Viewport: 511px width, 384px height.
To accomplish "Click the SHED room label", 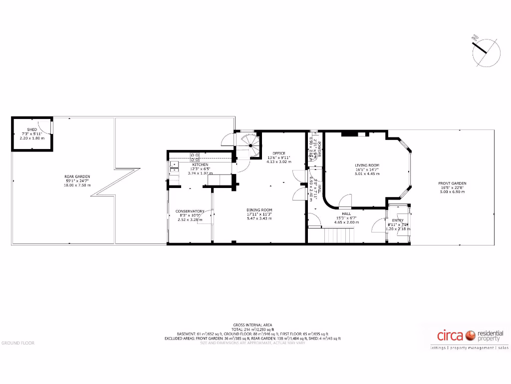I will tap(32, 129).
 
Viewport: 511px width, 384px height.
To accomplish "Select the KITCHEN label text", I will tap(201, 164).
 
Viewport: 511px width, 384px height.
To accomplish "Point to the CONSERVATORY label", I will tap(190, 211).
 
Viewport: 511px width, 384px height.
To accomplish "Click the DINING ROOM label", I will tap(259, 210).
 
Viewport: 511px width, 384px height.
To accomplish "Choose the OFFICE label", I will tap(278, 153).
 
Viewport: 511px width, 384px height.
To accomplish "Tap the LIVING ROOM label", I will tap(367, 165).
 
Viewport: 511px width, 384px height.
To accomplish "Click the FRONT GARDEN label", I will tap(452, 183).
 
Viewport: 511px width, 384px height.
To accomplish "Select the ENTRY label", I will tap(398, 220).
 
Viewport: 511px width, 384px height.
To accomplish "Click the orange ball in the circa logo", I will tap(470, 335).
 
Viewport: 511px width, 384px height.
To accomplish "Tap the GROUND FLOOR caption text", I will tap(17, 343).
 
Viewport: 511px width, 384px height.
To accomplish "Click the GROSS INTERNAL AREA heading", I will tap(253, 324).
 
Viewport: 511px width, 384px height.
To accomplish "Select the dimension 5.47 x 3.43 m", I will tap(259, 218).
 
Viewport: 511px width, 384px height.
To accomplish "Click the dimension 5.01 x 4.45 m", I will tap(367, 174).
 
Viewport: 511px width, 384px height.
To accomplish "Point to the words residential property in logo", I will tap(491, 336).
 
